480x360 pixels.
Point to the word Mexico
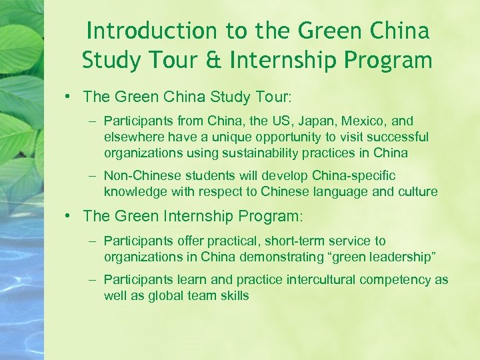[x=365, y=121]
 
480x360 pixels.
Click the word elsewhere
[x=133, y=137]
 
